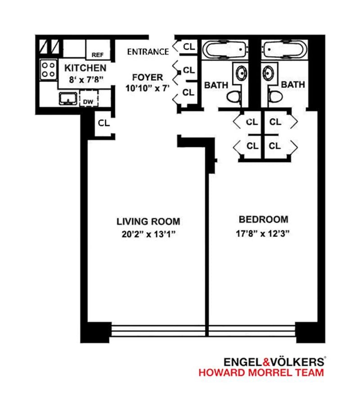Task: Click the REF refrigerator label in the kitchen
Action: tap(98, 54)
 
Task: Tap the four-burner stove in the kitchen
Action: tap(48, 70)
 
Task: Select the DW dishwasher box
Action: tap(88, 102)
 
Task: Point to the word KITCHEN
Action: tap(85, 68)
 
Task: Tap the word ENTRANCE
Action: tap(148, 51)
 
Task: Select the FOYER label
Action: tap(148, 77)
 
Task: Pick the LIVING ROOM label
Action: tap(148, 221)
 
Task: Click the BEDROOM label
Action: tap(263, 220)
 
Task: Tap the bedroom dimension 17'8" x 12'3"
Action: tap(263, 233)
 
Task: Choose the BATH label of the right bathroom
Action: tap(293, 84)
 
